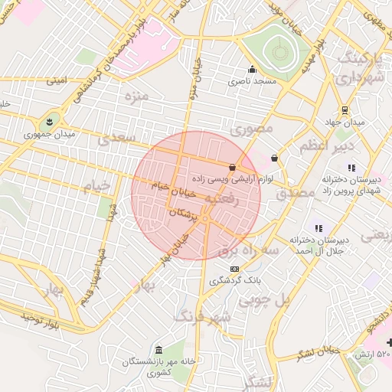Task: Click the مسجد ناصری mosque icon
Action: (x=252, y=69)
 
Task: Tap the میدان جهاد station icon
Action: (x=345, y=109)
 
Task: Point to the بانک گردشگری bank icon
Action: (x=234, y=269)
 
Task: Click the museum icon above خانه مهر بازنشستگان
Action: (x=158, y=350)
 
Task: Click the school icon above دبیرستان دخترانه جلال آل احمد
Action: (x=318, y=228)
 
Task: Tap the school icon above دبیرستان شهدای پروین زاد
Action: (x=351, y=167)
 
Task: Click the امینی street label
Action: (x=57, y=80)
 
